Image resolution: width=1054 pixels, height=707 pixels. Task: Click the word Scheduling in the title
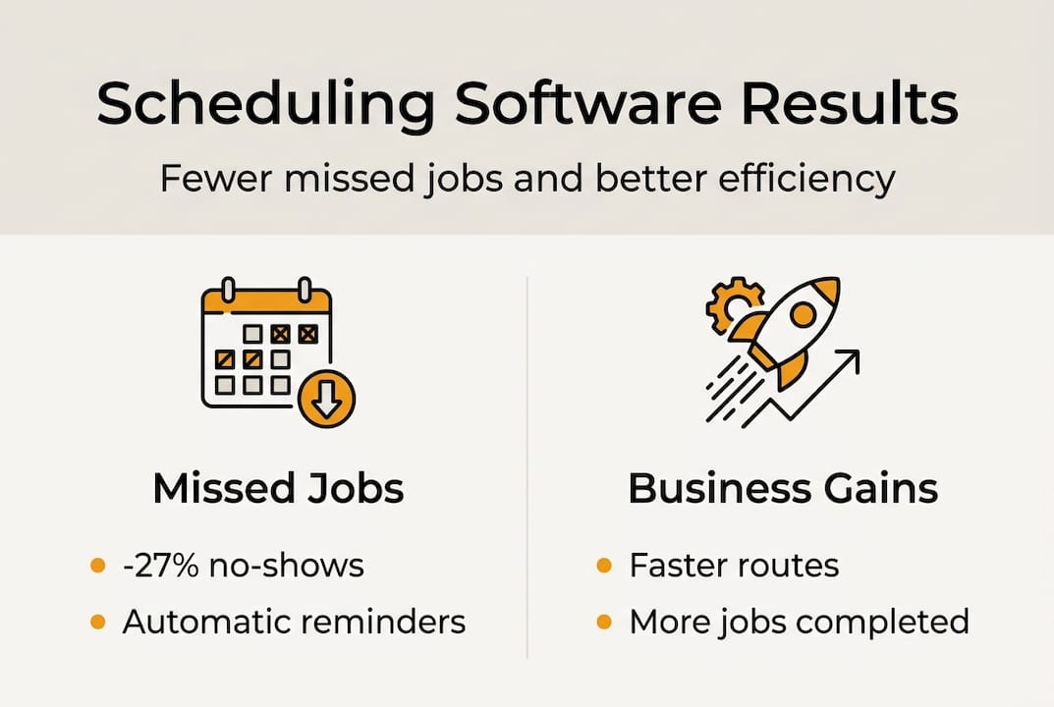pos(265,105)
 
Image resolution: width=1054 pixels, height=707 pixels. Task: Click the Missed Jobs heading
pos(278,489)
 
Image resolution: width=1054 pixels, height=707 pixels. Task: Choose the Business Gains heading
pos(782,489)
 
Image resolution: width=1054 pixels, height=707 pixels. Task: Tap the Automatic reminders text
pos(294,623)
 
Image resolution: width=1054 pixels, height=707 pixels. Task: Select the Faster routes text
pos(734,566)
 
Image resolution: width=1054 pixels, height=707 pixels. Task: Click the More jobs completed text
pos(799,623)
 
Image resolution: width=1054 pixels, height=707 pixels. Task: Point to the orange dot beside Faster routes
pos(605,566)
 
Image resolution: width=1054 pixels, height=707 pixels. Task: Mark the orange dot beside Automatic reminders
pos(97,623)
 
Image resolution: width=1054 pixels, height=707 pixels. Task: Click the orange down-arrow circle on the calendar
pos(326,399)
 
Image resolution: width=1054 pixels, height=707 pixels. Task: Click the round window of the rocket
pos(802,315)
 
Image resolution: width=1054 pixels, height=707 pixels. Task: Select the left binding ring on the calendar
pos(228,291)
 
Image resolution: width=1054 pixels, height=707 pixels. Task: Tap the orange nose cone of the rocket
pos(826,291)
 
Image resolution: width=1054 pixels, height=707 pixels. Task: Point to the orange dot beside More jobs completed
pos(605,623)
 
